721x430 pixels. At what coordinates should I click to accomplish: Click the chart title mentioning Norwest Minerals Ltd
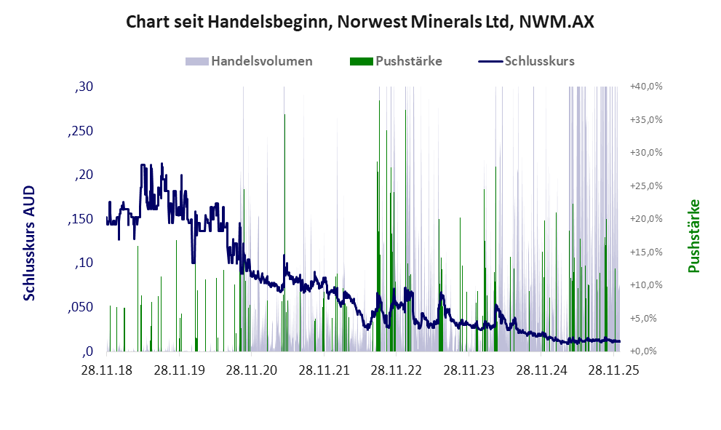pyautogui.click(x=360, y=22)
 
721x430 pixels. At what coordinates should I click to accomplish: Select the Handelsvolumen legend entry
pyautogui.click(x=261, y=61)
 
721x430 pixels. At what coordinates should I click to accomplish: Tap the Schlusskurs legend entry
pyautogui.click(x=539, y=61)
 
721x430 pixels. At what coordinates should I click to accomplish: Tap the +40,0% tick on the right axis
pyautogui.click(x=645, y=87)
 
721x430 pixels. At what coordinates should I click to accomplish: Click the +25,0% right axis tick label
pyautogui.click(x=645, y=186)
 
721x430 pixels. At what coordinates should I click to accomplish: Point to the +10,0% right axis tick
pyautogui.click(x=645, y=285)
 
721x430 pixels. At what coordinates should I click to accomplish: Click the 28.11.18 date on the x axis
pyautogui.click(x=107, y=370)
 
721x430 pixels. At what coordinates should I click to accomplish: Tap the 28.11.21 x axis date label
pyautogui.click(x=324, y=370)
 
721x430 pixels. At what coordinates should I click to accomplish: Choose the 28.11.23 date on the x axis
pyautogui.click(x=469, y=370)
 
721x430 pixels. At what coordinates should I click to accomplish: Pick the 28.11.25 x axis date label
pyautogui.click(x=613, y=370)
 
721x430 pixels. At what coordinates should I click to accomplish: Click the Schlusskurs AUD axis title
pyautogui.click(x=30, y=242)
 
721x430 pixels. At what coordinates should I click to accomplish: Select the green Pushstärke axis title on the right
pyautogui.click(x=693, y=236)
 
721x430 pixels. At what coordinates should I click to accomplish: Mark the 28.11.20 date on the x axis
pyautogui.click(x=252, y=370)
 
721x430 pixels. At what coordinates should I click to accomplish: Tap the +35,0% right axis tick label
pyautogui.click(x=645, y=119)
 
